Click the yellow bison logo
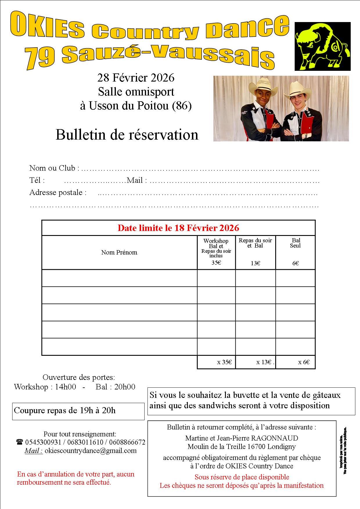[x=322, y=46]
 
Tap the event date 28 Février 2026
[x=136, y=78]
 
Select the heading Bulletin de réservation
[x=127, y=135]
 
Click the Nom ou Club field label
[x=52, y=168]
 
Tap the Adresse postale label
[x=58, y=192]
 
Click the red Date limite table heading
[x=178, y=228]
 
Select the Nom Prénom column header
[x=119, y=252]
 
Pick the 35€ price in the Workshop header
[x=216, y=263]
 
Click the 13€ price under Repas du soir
[x=255, y=263]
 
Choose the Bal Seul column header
[x=296, y=243]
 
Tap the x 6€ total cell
[x=304, y=362]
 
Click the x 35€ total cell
[x=224, y=362]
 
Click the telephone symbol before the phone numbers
[x=20, y=442]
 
